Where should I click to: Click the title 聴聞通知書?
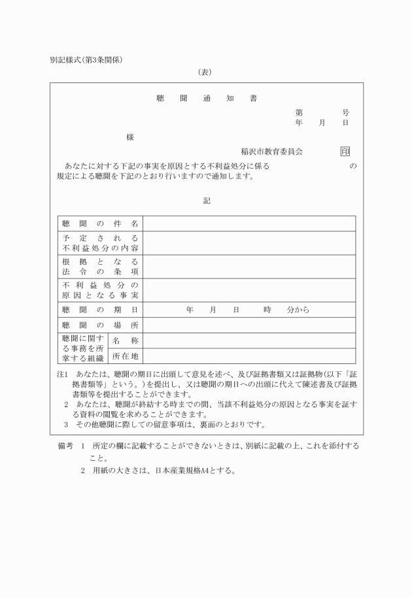206,99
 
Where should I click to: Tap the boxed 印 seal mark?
345,152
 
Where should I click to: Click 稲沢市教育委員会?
271,152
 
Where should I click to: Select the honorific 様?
130,137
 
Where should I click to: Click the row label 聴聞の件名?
100,224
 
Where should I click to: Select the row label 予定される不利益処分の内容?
100,243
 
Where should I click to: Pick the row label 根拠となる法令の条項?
100,266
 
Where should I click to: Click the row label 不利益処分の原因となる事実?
100,290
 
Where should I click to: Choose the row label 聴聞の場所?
100,325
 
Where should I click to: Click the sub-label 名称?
125,341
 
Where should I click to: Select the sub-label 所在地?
125,356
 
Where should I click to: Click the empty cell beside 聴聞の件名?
249,224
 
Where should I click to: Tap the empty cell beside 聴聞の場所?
249,325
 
